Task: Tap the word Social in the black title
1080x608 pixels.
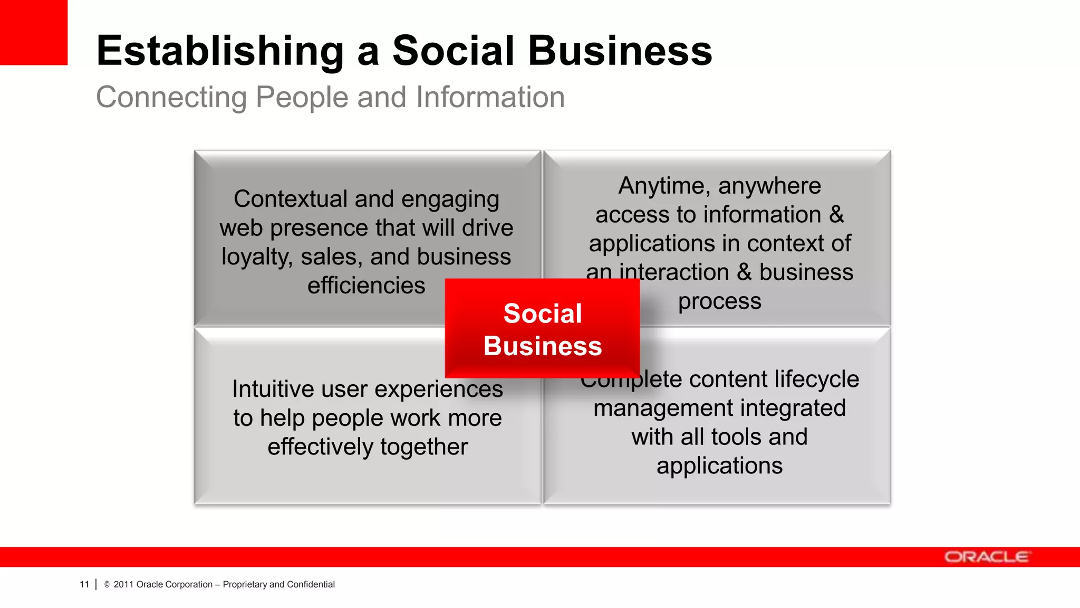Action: pyautogui.click(x=453, y=51)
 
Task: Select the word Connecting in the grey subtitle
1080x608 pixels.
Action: pyautogui.click(x=171, y=98)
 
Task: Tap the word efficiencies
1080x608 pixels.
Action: pyautogui.click(x=366, y=286)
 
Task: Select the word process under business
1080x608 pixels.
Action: pyautogui.click(x=719, y=301)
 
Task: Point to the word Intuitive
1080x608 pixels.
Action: pyautogui.click(x=273, y=389)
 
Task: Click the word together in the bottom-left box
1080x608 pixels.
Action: pyautogui.click(x=423, y=447)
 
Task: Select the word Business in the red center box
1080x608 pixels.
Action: pyautogui.click(x=543, y=346)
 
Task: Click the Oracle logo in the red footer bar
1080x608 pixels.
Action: pyautogui.click(x=986, y=557)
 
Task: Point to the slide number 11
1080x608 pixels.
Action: pyautogui.click(x=84, y=584)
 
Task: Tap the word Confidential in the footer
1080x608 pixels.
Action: pyautogui.click(x=311, y=584)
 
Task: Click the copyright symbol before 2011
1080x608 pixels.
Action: pyautogui.click(x=107, y=584)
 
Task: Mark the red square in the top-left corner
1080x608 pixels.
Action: pyautogui.click(x=33, y=32)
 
